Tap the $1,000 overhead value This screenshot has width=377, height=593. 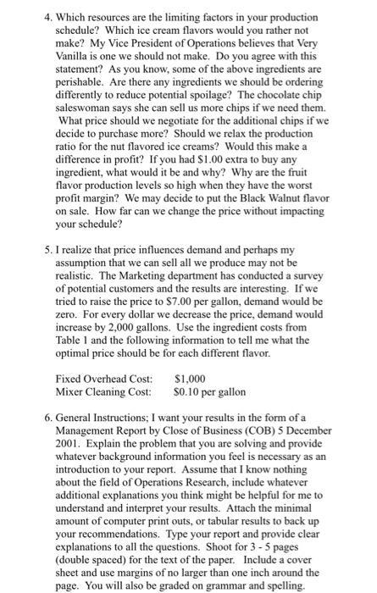[x=190, y=380]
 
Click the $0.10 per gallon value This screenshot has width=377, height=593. [x=210, y=393]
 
